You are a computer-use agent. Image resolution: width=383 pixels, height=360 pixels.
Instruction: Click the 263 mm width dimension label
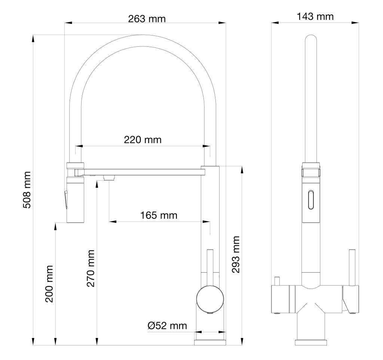[147, 19]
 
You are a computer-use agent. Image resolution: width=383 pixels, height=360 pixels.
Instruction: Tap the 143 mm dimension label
[315, 16]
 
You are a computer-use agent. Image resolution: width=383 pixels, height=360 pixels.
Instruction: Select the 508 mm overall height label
[27, 190]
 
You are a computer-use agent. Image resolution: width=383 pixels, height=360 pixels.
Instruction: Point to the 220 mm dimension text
[143, 140]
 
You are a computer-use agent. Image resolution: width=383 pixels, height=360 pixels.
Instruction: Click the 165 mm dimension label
[159, 215]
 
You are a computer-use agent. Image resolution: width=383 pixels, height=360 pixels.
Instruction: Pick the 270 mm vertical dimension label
[91, 268]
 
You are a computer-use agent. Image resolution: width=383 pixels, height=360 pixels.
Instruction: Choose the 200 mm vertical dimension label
[49, 284]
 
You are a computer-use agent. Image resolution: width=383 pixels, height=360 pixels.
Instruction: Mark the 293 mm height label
[236, 254]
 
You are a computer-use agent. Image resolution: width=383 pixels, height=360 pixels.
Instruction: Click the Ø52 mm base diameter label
[167, 326]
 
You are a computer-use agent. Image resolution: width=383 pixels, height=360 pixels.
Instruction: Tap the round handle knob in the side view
[210, 299]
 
